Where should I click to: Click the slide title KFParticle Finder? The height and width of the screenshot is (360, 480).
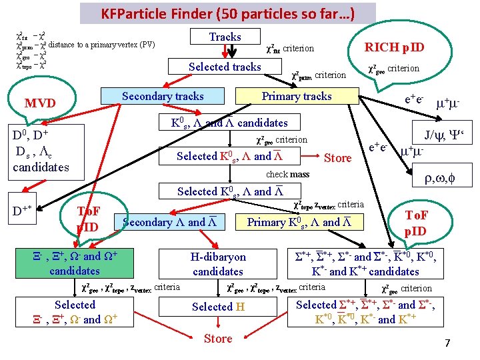228,13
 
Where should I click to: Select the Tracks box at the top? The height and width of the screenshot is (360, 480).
225,37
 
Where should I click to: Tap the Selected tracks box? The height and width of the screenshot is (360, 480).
225,67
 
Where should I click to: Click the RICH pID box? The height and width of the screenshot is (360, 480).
393,47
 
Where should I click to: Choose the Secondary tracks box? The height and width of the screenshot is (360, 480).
163,96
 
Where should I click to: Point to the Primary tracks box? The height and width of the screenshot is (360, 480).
297,96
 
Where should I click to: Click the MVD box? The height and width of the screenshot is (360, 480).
40,103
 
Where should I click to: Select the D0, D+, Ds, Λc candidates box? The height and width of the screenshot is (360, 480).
41,152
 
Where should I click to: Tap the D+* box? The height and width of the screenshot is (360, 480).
25,212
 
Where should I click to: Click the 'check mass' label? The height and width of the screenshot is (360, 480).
287,175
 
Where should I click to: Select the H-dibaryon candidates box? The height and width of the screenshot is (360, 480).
218,264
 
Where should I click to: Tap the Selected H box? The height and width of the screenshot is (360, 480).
218,307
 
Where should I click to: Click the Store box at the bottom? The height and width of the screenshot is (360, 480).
218,339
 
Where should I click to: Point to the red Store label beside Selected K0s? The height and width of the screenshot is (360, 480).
337,158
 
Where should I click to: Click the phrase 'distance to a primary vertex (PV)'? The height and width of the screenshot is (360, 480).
101,44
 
